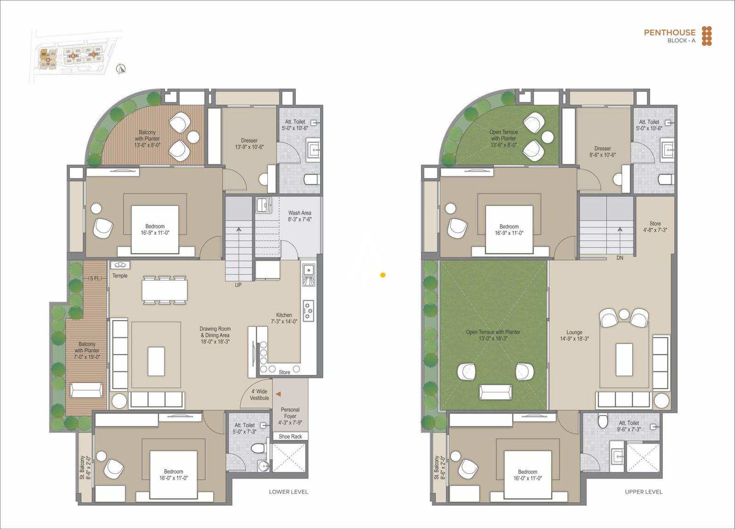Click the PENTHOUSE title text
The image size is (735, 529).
coord(669,32)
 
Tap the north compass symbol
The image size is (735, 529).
coord(121,69)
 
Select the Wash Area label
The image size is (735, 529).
coord(300,213)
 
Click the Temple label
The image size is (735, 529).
coord(120,276)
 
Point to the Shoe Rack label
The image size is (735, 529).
coord(290,437)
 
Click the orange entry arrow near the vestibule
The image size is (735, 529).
coord(277,394)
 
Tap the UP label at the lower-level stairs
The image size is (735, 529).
coord(238,285)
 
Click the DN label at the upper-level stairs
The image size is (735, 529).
coord(620,258)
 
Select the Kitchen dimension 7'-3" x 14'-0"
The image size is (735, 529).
coord(284,321)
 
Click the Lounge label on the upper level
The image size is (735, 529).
coord(574,332)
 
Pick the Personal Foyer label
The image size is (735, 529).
coord(290,413)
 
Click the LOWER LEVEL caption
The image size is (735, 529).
coord(288,492)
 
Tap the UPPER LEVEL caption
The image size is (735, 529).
coord(644,492)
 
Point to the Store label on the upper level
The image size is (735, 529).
coord(655,224)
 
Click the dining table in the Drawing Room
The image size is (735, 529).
coord(164,290)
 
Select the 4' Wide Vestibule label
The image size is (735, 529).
coord(259,395)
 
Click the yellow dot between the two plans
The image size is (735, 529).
coord(383,275)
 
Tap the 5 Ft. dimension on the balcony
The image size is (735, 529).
coord(95,278)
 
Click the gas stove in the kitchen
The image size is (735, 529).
coord(308,310)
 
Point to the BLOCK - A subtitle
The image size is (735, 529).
coord(681,40)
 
